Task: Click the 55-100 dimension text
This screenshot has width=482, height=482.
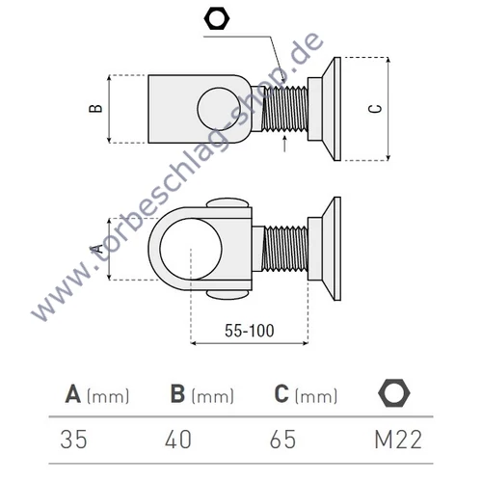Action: [249, 331]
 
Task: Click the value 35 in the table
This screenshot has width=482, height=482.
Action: [72, 440]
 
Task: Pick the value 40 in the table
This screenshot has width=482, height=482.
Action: [178, 440]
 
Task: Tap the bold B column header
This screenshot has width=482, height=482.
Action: [178, 394]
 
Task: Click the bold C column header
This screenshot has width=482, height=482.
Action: [281, 394]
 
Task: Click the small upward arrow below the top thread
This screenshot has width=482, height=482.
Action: [285, 147]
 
